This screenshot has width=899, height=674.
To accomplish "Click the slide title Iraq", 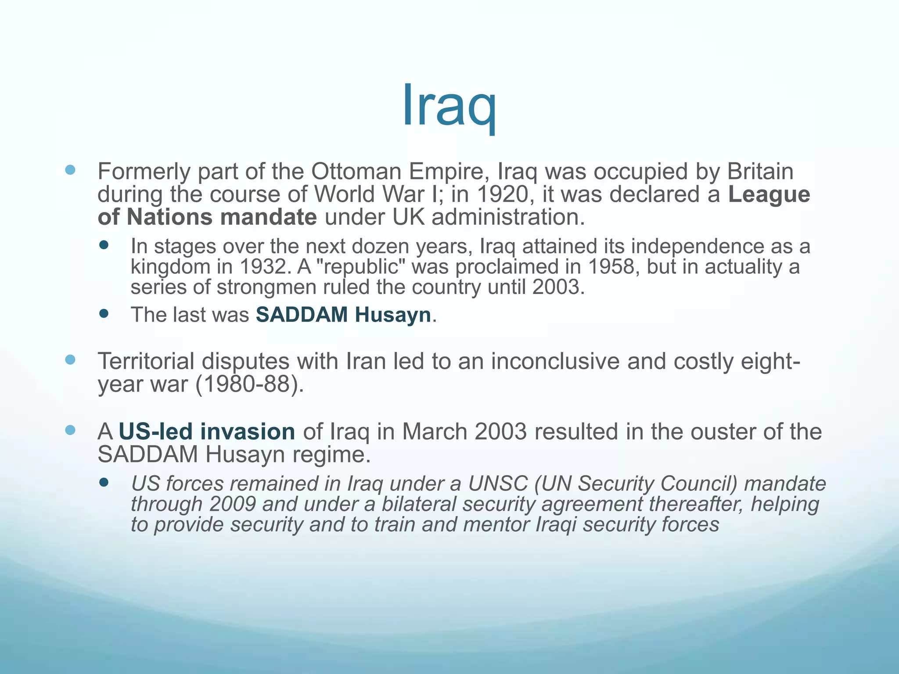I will pos(449,105).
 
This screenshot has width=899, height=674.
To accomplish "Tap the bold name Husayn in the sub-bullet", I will pos(393,315).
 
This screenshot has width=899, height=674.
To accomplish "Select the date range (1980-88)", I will pos(249,384).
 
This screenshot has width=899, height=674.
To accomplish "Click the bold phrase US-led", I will pos(155,432).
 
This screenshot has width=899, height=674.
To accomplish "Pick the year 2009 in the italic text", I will pos(232,504).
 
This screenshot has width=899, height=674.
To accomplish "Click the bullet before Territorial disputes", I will pos(70,360).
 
